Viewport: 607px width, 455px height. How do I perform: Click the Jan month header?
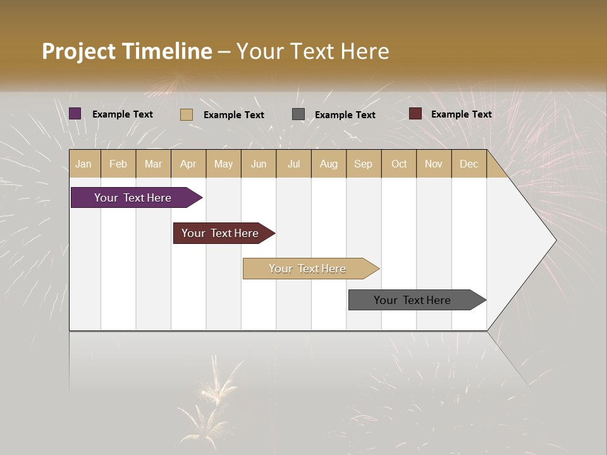(83, 164)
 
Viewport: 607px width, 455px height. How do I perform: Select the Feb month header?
(118, 164)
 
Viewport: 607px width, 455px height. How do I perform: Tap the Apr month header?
(188, 164)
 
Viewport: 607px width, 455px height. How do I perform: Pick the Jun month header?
(259, 164)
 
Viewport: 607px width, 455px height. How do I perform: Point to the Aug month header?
(329, 164)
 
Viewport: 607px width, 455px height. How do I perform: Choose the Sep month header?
(364, 164)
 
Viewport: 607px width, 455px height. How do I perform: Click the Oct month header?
(399, 164)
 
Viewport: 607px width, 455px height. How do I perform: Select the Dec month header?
(469, 164)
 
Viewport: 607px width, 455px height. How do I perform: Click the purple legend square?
(75, 114)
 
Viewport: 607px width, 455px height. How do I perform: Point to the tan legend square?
(187, 114)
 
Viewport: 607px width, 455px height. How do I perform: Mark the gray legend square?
(298, 114)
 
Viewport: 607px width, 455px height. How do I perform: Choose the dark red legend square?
(415, 114)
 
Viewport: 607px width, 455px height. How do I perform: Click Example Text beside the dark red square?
(461, 114)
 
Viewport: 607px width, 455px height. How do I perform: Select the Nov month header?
(434, 164)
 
